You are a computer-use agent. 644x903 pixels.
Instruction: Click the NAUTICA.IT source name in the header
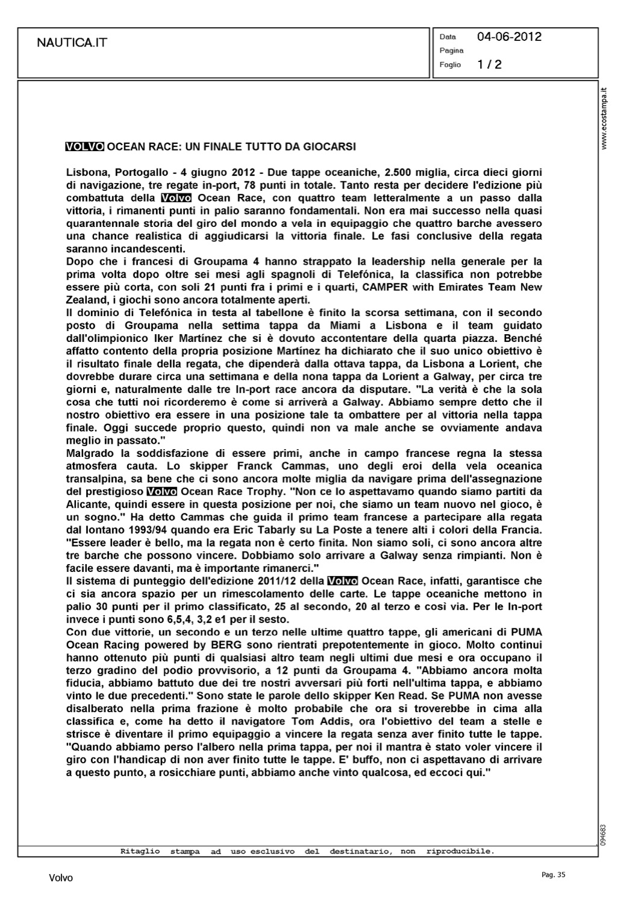[x=72, y=43]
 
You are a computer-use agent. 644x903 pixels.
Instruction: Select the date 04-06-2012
[x=509, y=37]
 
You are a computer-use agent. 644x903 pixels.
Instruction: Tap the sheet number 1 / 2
[x=489, y=64]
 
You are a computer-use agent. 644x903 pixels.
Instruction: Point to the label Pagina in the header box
[x=451, y=51]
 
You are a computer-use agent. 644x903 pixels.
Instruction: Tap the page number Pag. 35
[x=553, y=875]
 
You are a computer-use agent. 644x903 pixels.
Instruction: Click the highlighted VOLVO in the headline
[x=84, y=146]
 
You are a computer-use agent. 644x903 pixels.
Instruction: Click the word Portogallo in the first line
[x=135, y=172]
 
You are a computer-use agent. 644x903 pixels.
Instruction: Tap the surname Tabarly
[x=337, y=530]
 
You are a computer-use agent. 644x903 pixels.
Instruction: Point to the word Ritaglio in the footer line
[x=140, y=852]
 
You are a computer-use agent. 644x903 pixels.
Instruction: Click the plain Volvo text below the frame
[x=61, y=878]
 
